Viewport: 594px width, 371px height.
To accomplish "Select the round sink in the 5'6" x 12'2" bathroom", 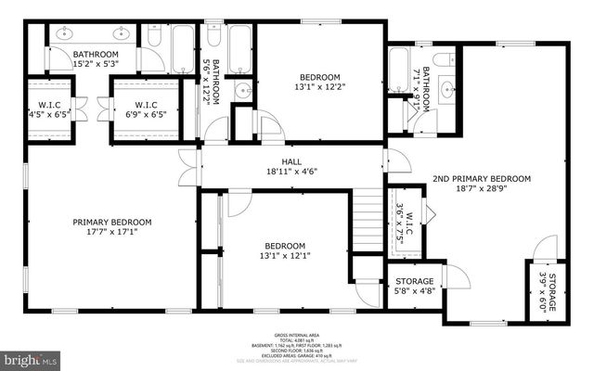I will (x=242, y=90).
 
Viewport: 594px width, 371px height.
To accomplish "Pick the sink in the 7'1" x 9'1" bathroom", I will (x=447, y=90).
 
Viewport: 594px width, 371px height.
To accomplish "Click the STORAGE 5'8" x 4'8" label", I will (x=415, y=287).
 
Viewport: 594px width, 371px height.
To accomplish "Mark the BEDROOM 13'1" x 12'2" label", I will (x=319, y=83).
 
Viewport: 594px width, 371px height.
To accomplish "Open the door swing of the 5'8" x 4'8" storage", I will (x=455, y=275).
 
